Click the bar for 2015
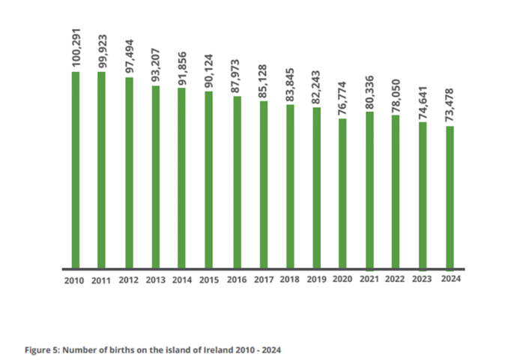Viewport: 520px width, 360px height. [x=209, y=179]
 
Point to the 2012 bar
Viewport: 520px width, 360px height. [x=129, y=172]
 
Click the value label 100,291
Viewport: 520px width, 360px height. [x=76, y=47]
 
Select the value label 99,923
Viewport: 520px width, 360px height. [x=102, y=49]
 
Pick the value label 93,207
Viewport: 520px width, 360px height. [x=156, y=66]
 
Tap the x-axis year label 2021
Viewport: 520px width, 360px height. [x=369, y=279]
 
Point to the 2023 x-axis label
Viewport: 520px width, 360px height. [x=422, y=279]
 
